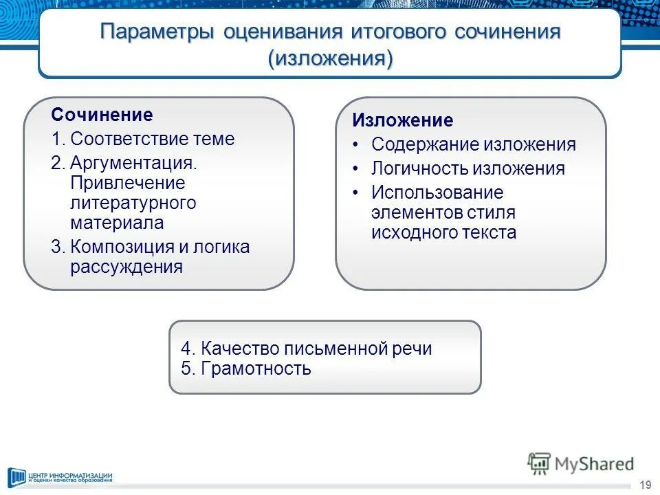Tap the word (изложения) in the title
(x=330, y=58)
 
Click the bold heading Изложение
(x=403, y=121)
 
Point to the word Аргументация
(x=133, y=164)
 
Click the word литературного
(x=133, y=203)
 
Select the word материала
(x=117, y=223)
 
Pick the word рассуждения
(x=126, y=267)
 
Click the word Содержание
(x=424, y=145)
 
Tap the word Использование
(x=437, y=192)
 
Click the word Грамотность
(x=256, y=368)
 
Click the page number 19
(x=645, y=485)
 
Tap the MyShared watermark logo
(x=581, y=465)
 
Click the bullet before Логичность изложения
(x=355, y=169)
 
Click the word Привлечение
(x=127, y=184)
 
